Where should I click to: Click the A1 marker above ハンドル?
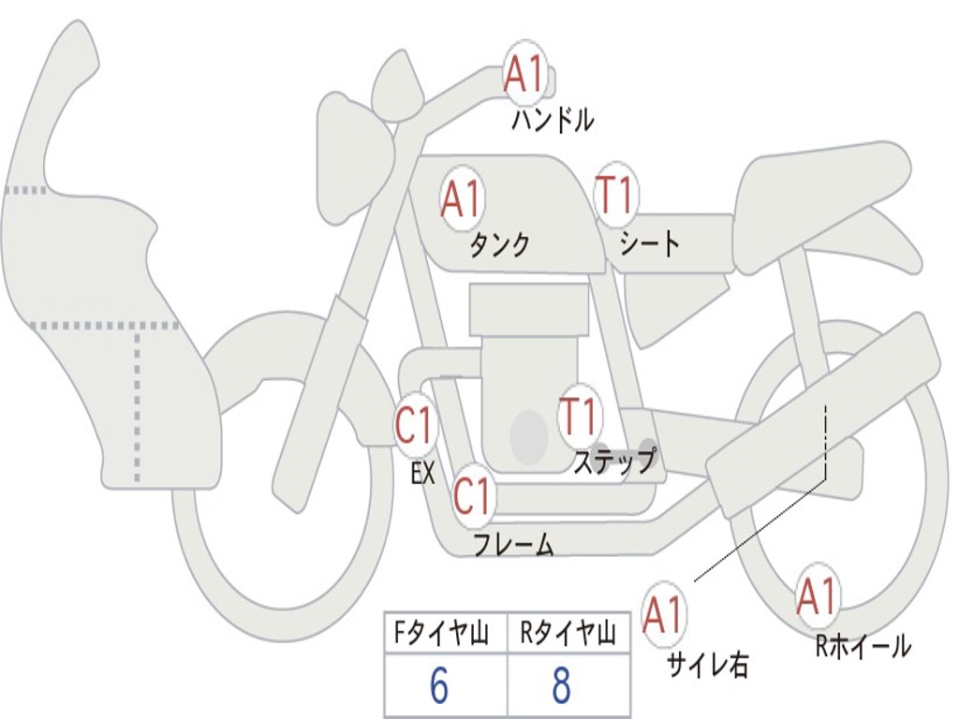click(x=524, y=75)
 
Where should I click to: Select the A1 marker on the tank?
click(x=461, y=199)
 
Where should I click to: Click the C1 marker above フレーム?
click(x=473, y=496)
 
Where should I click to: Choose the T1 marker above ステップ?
click(x=579, y=416)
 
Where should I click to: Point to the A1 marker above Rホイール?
click(x=817, y=596)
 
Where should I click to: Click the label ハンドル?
click(x=553, y=120)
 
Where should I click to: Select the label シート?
click(x=650, y=244)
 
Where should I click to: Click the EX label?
click(x=423, y=474)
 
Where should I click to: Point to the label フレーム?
click(x=513, y=545)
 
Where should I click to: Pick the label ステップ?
click(x=614, y=462)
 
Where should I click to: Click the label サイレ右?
click(x=708, y=665)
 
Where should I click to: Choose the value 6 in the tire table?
click(x=439, y=686)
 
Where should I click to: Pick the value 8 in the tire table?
click(x=561, y=686)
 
